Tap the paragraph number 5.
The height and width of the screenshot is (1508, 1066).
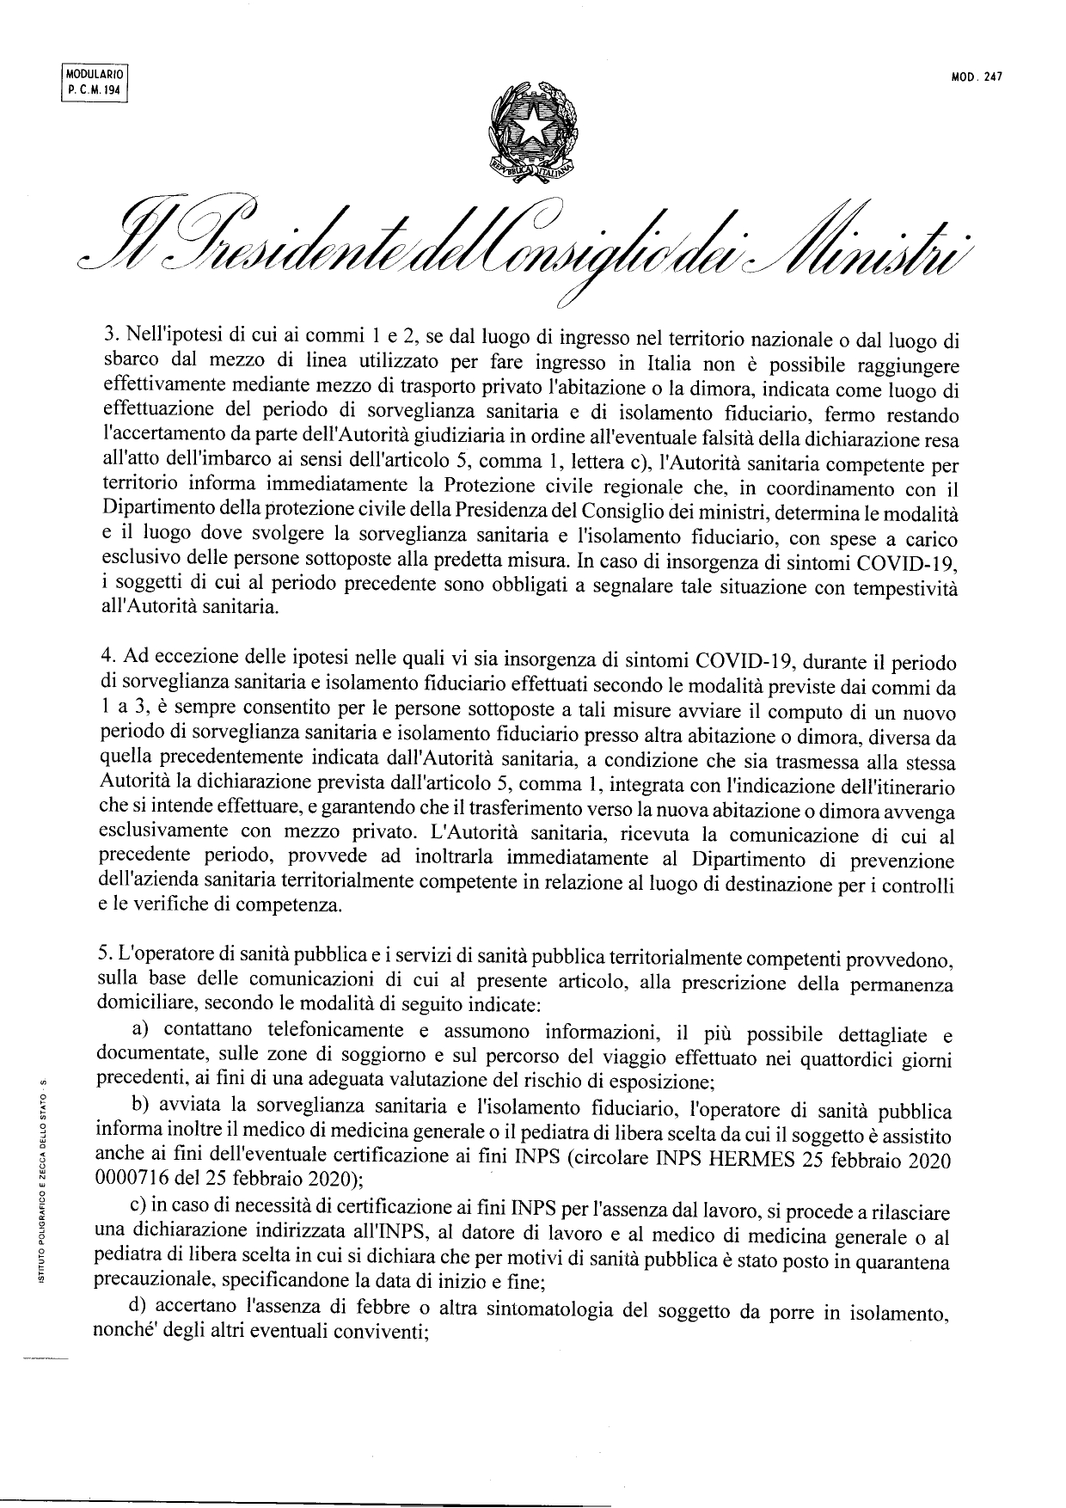tap(105, 955)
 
